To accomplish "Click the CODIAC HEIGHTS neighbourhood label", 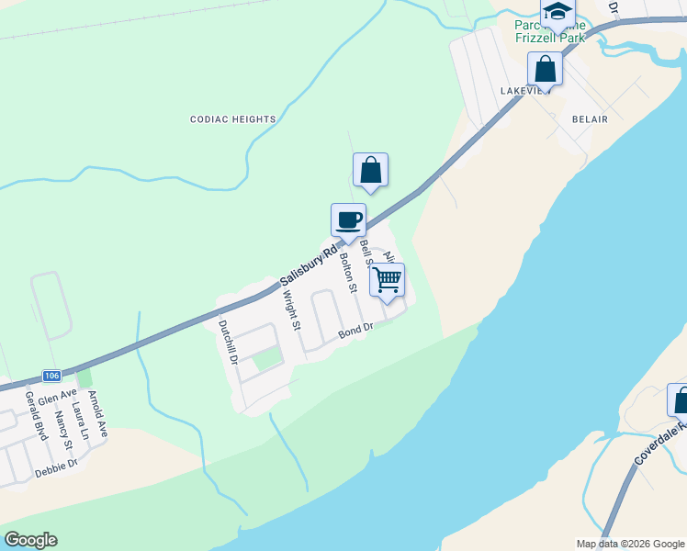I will click(233, 119).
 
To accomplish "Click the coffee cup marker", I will click(348, 220).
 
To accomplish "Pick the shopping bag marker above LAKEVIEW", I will click(545, 69).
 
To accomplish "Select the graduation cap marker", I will click(557, 12).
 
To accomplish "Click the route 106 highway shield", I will click(51, 376).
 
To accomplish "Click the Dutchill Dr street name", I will click(228, 343).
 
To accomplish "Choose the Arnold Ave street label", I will click(96, 414).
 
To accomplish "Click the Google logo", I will click(30, 540).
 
